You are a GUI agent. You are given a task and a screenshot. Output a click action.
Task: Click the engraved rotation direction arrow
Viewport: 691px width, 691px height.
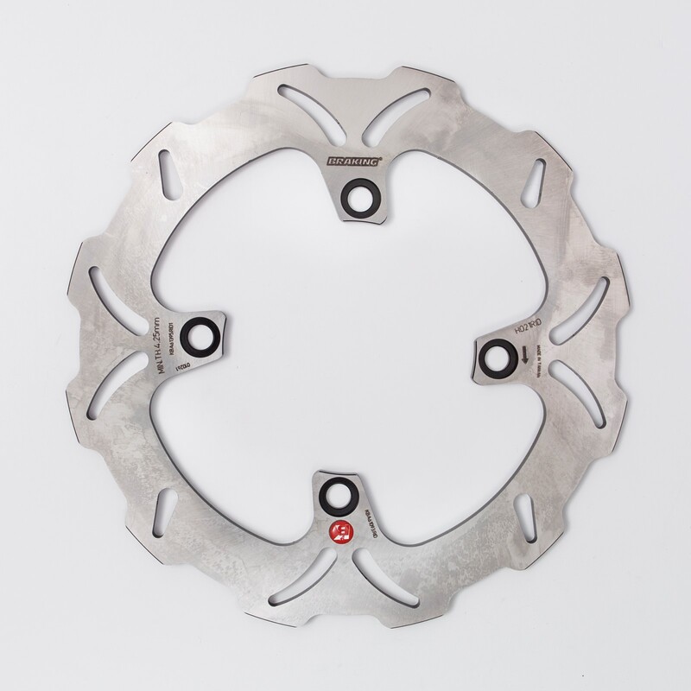tap(525, 353)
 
